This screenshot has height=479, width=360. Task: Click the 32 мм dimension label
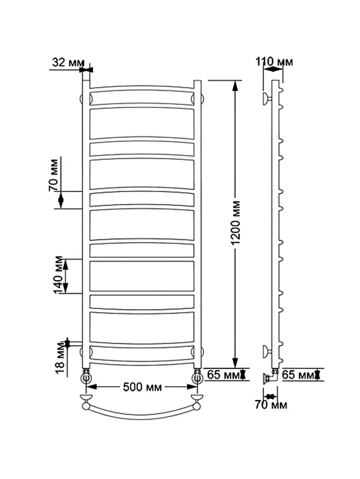coord(68,63)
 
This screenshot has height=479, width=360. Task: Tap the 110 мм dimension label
coord(274,61)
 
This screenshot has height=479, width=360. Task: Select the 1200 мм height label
coord(236,223)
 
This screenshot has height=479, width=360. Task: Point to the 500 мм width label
coord(142,387)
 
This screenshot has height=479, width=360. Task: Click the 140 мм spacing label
coord(58,275)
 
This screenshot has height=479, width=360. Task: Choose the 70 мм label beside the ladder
coord(53,175)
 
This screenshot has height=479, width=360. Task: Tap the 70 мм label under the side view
coord(271,405)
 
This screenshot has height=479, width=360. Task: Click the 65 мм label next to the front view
coord(223,374)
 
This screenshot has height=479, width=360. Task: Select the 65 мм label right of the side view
coord(298,375)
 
